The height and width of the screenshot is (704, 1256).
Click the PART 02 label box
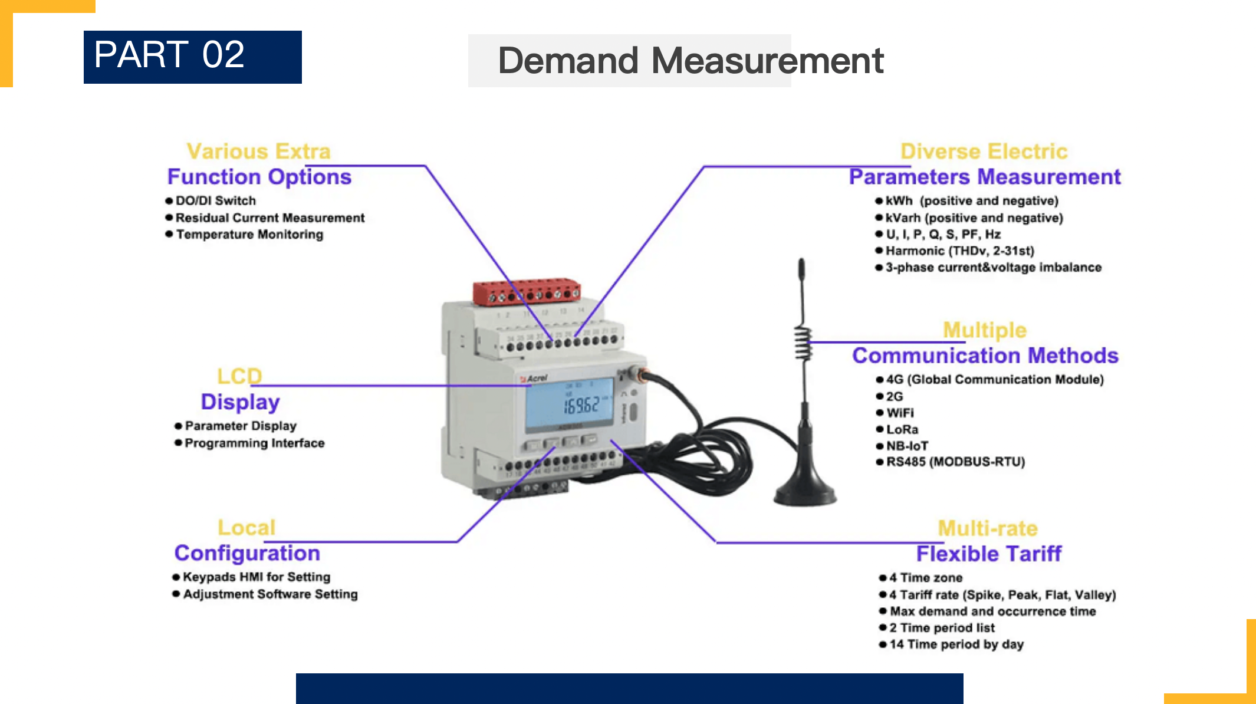click(192, 57)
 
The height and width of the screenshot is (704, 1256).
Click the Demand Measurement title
click(690, 60)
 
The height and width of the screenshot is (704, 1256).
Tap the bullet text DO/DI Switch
click(215, 200)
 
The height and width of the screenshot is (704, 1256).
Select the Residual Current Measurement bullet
click(269, 218)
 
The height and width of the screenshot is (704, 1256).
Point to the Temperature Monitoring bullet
click(249, 234)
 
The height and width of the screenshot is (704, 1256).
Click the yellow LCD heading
click(239, 376)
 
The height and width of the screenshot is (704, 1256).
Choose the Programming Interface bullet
click(254, 443)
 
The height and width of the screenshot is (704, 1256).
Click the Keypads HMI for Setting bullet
click(256, 577)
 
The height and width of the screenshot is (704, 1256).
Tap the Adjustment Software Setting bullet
click(269, 594)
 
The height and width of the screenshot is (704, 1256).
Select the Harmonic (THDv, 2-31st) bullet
click(959, 251)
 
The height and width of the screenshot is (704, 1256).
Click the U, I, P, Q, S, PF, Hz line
click(943, 234)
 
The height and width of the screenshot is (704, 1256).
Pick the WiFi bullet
click(900, 413)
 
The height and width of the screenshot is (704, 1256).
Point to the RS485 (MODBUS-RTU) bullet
click(955, 462)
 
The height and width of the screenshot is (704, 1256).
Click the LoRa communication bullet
click(902, 429)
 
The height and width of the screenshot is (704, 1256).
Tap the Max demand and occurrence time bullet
click(992, 611)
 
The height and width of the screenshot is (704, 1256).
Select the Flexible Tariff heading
click(988, 554)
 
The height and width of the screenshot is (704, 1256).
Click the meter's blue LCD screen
click(570, 402)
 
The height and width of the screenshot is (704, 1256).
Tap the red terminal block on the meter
click(527, 291)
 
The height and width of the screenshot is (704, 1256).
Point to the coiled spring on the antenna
click(803, 344)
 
